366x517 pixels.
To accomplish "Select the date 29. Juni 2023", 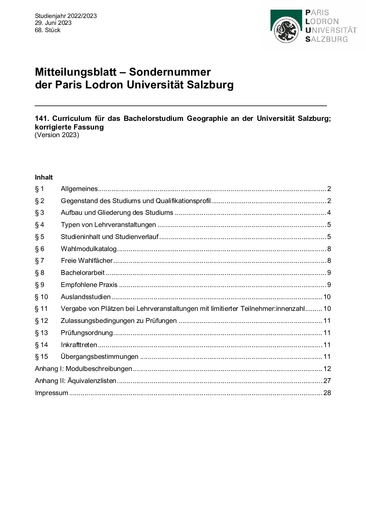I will [53, 23].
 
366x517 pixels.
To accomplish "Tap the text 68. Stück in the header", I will [47, 30].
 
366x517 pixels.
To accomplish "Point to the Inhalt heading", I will [44, 178].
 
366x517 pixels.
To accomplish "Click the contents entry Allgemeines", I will [79, 189].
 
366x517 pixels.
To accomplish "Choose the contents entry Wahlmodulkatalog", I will [89, 249].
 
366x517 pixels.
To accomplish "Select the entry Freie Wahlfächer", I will [86, 261].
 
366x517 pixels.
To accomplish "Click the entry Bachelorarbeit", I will [83, 273].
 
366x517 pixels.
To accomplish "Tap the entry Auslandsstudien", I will [85, 297].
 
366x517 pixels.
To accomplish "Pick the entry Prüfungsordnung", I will [86, 333].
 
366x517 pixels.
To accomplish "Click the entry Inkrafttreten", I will [79, 345].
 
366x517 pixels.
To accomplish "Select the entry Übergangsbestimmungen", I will [99, 357].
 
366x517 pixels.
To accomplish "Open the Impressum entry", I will [52, 393].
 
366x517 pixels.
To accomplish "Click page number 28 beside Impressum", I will [327, 393].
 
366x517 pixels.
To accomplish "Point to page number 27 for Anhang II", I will [327, 381].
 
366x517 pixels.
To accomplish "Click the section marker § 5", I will [39, 237].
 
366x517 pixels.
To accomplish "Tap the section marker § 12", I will [41, 321].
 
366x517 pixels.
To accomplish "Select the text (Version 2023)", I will [57, 135].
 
